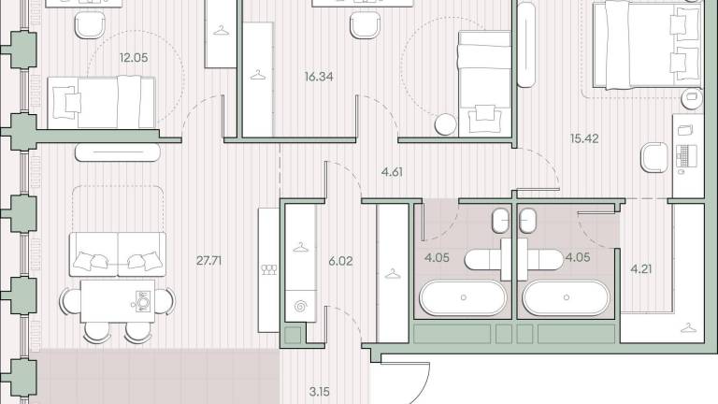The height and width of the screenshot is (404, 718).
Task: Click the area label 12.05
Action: (134, 58)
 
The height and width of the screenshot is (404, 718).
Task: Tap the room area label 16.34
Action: (319, 77)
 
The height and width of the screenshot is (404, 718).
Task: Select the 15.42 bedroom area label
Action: (584, 138)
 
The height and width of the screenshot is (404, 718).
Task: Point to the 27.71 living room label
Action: (208, 261)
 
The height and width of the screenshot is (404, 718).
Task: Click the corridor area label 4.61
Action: (392, 172)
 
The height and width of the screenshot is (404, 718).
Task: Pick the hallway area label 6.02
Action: (340, 261)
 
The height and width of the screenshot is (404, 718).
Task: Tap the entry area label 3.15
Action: (319, 392)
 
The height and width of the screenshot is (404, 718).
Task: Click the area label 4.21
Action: (641, 269)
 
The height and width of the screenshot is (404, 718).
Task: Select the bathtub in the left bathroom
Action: (463, 297)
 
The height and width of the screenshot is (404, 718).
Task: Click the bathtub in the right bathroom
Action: (567, 297)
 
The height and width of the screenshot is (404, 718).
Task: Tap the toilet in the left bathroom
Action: (500, 221)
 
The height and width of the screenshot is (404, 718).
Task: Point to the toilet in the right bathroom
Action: (527, 221)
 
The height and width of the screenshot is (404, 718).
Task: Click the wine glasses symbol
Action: (269, 269)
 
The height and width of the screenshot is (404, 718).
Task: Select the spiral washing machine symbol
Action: (300, 306)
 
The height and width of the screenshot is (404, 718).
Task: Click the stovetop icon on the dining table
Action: (142, 301)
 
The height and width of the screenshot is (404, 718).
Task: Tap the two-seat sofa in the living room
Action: (118, 253)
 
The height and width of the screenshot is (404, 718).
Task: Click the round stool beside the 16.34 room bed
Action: (446, 124)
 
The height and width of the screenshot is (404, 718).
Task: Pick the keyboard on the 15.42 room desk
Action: (686, 156)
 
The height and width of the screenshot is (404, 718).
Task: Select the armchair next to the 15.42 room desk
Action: (654, 157)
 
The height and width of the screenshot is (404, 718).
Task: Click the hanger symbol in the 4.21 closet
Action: (688, 328)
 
